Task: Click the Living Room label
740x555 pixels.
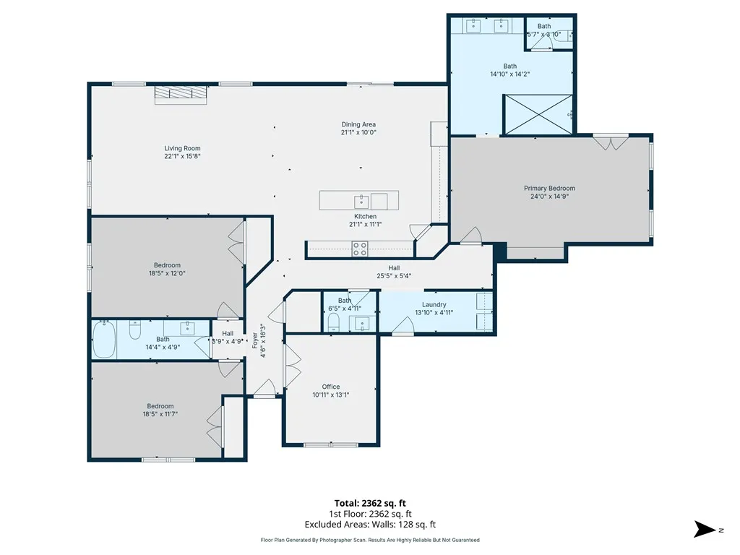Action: (182, 148)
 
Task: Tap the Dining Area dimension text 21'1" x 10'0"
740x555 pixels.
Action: (358, 133)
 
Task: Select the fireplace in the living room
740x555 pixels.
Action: (181, 95)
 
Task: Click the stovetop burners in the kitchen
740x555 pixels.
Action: (360, 249)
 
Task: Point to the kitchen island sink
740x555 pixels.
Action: (361, 202)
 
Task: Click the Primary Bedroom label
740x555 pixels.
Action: (549, 189)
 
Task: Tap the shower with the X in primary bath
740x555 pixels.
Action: (538, 115)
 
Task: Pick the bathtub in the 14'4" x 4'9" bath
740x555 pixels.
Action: (104, 340)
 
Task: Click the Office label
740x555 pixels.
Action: (331, 387)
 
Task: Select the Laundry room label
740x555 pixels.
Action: (434, 305)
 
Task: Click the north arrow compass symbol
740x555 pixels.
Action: (705, 530)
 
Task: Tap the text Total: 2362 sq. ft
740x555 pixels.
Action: (370, 503)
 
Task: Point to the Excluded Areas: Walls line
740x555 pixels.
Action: (370, 525)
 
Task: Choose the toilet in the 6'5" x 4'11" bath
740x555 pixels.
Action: (333, 322)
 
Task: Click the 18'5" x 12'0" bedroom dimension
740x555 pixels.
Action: (167, 273)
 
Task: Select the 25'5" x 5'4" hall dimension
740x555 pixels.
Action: (394, 275)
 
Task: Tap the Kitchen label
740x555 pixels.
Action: (365, 217)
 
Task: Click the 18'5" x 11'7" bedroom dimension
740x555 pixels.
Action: (160, 414)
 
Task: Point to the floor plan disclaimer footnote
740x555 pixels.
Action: (370, 540)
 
